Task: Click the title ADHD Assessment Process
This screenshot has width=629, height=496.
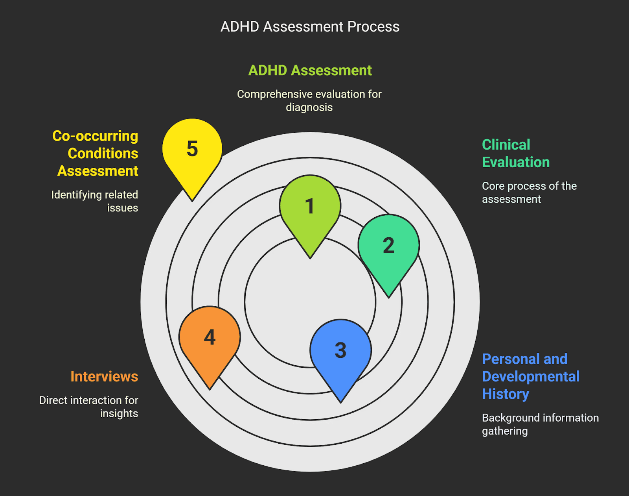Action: click(x=310, y=27)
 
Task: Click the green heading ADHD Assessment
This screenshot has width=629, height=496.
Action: click(x=310, y=70)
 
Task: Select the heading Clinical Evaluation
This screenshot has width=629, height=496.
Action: click(x=515, y=154)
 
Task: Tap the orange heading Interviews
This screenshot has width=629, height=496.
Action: click(x=104, y=376)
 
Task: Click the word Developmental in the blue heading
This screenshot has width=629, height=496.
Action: click(x=530, y=376)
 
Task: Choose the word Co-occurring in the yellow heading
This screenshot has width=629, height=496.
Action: click(x=95, y=136)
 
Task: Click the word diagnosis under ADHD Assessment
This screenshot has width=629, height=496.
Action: click(x=309, y=107)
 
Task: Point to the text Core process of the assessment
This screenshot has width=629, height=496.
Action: click(x=529, y=192)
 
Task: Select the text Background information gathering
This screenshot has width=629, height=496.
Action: click(x=540, y=424)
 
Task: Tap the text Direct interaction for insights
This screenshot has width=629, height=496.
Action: click(x=89, y=407)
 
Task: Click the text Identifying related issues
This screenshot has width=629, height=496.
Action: click(x=95, y=201)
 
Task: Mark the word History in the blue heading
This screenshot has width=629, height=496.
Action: click(x=506, y=394)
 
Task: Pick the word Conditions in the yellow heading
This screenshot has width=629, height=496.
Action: click(x=103, y=153)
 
